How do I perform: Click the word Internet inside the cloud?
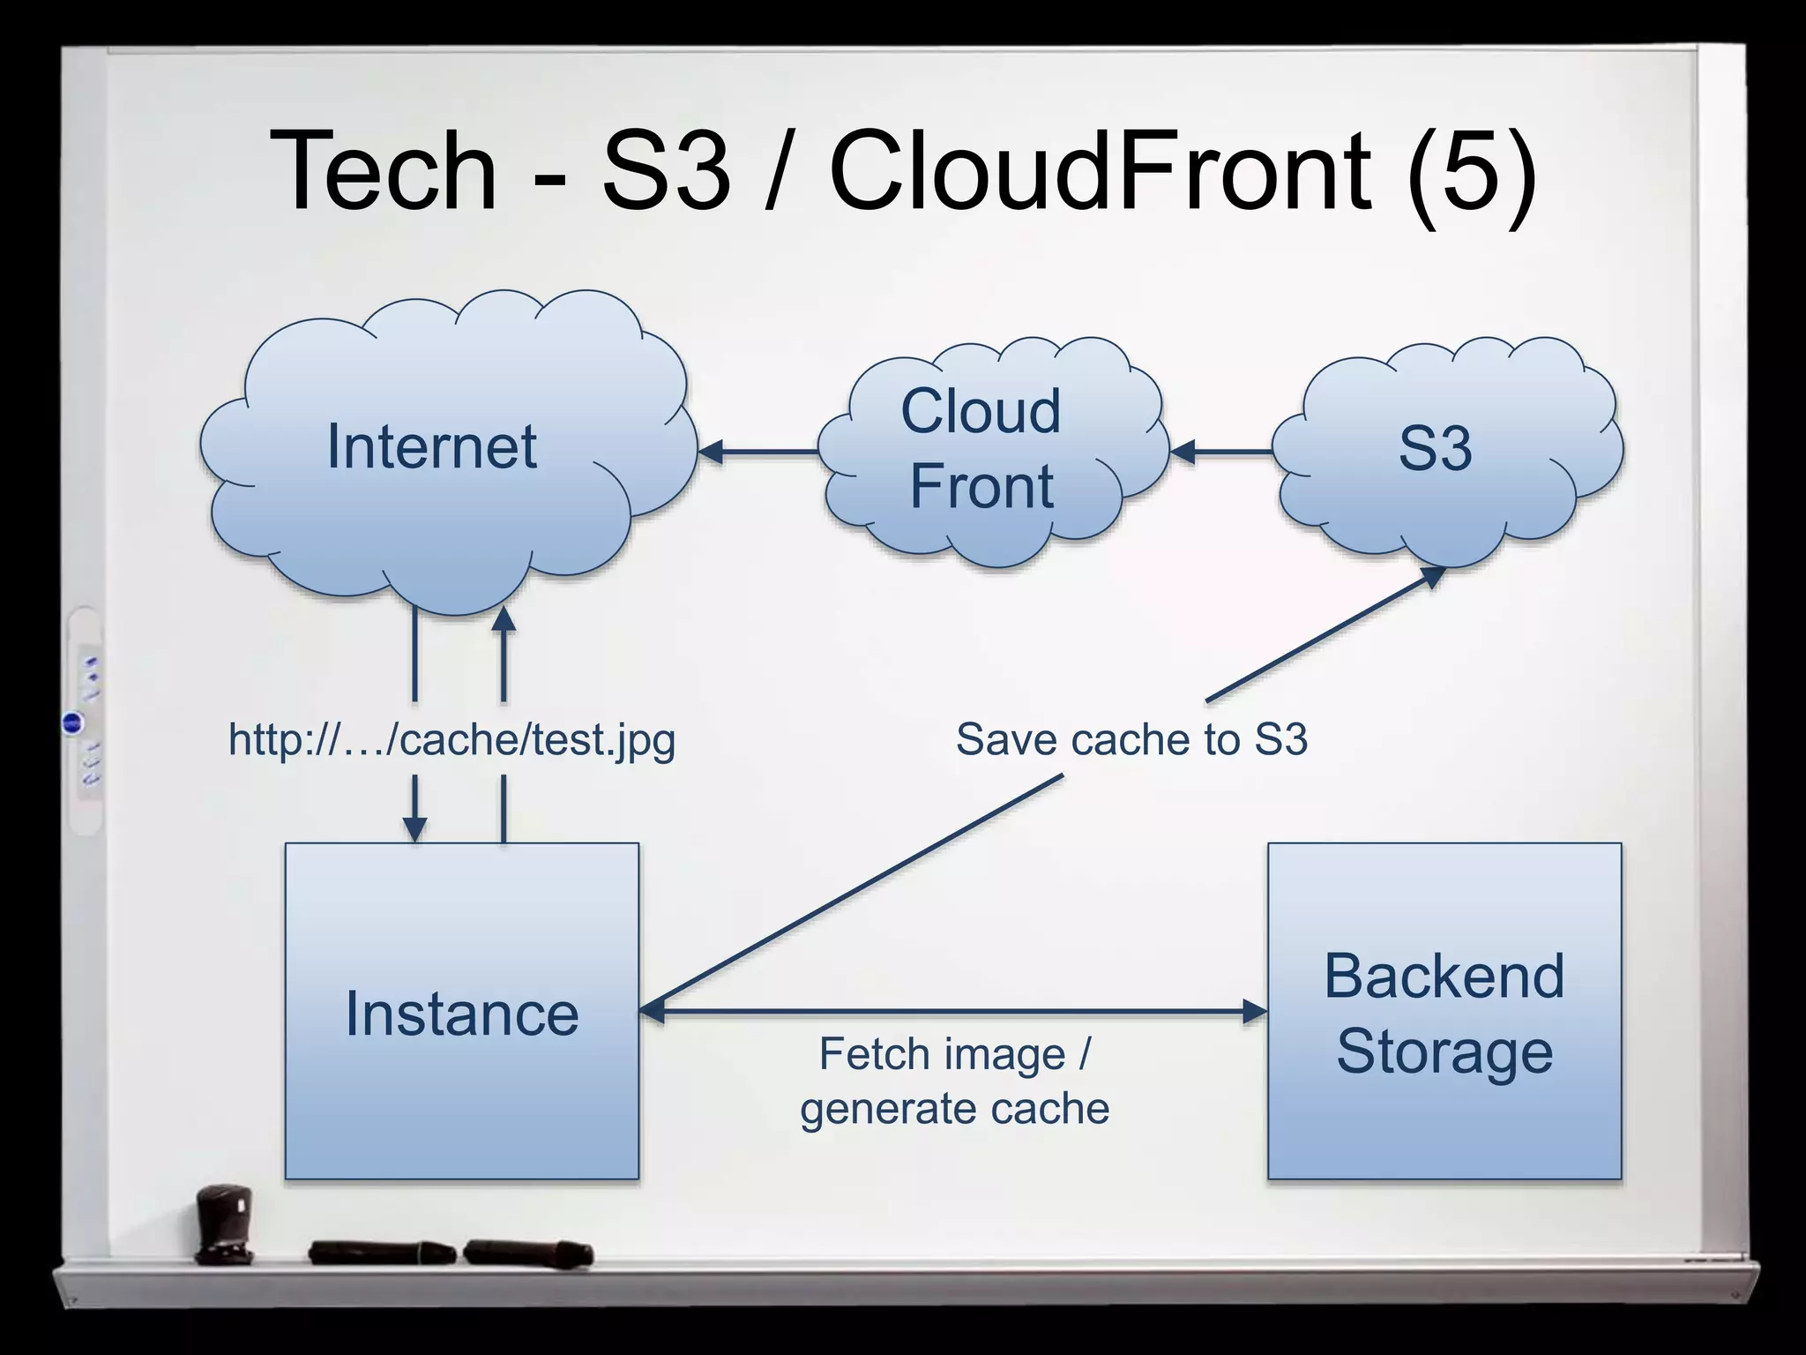(x=431, y=446)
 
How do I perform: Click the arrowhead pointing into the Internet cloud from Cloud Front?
(x=711, y=452)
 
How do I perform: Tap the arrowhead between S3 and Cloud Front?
(x=1183, y=452)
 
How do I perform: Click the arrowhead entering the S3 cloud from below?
(x=1432, y=577)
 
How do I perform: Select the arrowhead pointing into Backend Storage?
(x=1253, y=1011)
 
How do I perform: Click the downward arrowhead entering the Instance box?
(x=414, y=828)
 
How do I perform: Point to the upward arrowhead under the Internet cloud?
(x=504, y=620)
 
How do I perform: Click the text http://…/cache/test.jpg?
(x=451, y=739)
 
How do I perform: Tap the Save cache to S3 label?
(x=1131, y=739)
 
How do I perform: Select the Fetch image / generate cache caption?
(x=954, y=1082)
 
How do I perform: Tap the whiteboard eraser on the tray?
(x=224, y=1223)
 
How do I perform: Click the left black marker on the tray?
(x=381, y=1252)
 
